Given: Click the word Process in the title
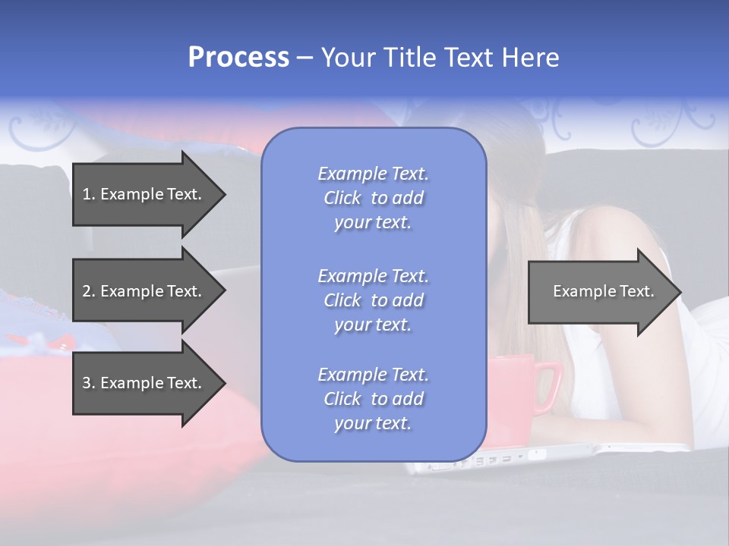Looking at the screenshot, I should coord(238,58).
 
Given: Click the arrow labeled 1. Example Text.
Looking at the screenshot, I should coord(144,194).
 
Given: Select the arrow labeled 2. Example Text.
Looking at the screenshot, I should coord(144,291).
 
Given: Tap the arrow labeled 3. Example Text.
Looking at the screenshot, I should coord(144,383).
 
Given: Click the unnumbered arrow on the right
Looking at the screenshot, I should coord(600,291).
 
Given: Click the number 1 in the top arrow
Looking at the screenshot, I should coord(87,194).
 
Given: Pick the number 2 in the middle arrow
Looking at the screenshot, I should coord(87,291).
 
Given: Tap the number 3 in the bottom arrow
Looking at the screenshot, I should coord(87,383).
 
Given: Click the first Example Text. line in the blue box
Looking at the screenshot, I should coord(373,174).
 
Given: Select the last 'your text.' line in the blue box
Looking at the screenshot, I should coord(373,423).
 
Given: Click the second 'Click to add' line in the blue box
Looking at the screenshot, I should coord(373,300).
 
